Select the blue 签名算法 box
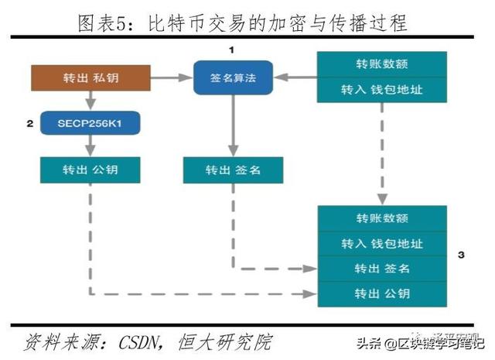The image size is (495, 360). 233,78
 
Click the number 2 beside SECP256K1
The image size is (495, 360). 29,123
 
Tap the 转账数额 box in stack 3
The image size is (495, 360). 382,218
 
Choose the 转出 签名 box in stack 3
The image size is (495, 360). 382,269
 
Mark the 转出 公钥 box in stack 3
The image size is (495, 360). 382,293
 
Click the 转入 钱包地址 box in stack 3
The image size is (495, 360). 382,244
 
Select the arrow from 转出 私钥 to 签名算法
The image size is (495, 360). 171,79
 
